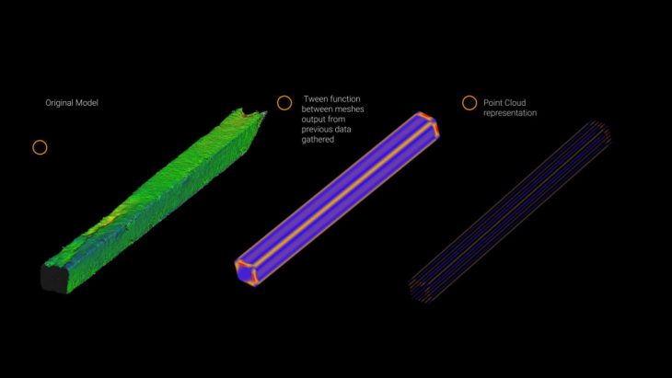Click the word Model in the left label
(x=88, y=103)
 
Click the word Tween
(x=317, y=99)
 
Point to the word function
(x=346, y=99)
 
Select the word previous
(x=316, y=130)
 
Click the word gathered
(x=318, y=140)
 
